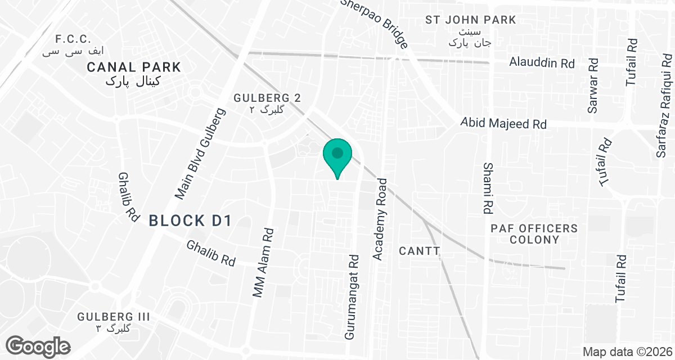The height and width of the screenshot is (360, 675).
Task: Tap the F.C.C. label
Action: (73, 39)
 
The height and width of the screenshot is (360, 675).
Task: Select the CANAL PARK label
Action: (134, 67)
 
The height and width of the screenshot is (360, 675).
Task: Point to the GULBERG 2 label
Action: (267, 98)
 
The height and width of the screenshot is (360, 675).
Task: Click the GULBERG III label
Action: (114, 317)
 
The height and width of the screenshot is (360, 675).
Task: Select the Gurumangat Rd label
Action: (352, 298)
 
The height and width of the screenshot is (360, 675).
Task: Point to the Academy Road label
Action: (381, 219)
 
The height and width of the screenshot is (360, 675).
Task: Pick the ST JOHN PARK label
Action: (470, 20)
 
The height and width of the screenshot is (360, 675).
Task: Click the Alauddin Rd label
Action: (542, 62)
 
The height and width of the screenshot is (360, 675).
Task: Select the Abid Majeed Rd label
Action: (503, 123)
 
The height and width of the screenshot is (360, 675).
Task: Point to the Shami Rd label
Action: (488, 188)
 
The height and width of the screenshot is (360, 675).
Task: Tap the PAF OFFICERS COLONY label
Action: (534, 233)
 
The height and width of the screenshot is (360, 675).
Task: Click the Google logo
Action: (38, 345)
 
